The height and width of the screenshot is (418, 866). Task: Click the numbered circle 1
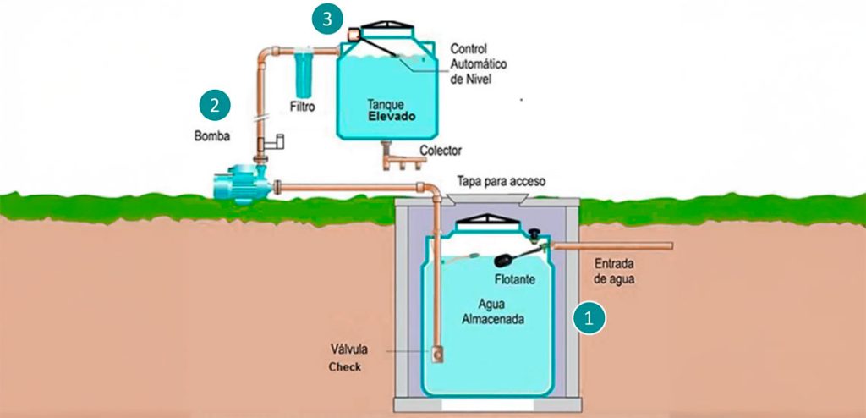point(589,317)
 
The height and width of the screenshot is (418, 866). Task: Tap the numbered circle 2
point(215,105)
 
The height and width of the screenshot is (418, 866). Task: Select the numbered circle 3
point(326,19)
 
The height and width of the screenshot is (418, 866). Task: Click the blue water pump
point(240,185)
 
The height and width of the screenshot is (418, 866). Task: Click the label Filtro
point(302,108)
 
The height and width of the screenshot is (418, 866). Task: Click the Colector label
point(441,151)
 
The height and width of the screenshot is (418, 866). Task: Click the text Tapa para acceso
point(502,182)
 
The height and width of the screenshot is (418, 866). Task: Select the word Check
point(344,368)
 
